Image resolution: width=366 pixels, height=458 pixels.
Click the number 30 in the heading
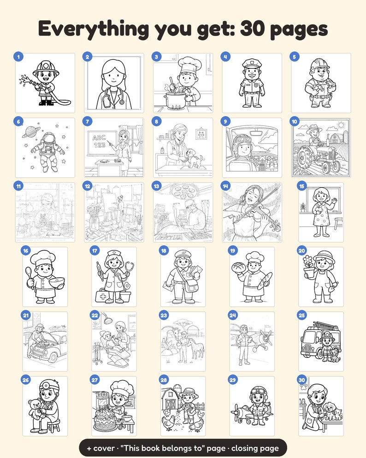pyautogui.click(x=253, y=29)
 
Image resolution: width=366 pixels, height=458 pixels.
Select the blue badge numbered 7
pyautogui.click(x=88, y=121)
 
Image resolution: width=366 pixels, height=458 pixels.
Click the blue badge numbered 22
pyautogui.click(x=95, y=315)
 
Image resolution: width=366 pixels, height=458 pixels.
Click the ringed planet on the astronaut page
pyautogui.click(x=29, y=131)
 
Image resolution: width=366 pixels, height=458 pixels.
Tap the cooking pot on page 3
pyautogui.click(x=176, y=100)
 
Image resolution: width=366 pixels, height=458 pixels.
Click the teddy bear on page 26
pyautogui.click(x=35, y=408)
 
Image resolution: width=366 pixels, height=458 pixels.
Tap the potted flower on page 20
pyautogui.click(x=308, y=267)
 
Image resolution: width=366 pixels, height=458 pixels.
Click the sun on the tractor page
pyautogui.click(x=341, y=125)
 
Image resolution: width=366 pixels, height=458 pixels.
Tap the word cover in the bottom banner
pyautogui.click(x=104, y=448)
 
